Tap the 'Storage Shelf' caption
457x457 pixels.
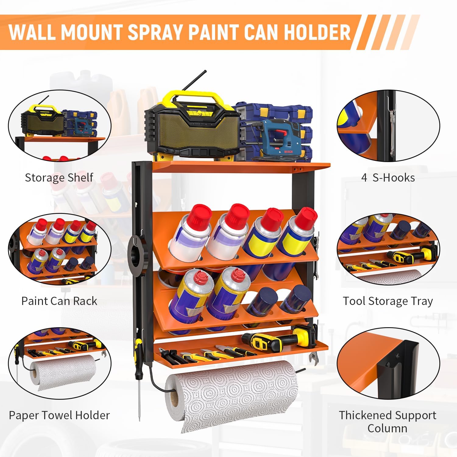click(59, 177)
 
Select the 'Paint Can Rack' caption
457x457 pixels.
click(59, 301)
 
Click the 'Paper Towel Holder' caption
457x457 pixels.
click(59, 415)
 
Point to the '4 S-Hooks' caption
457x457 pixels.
click(388, 178)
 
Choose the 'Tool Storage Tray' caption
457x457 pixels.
click(388, 301)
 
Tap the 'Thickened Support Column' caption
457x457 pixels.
click(388, 422)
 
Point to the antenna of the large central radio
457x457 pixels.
click(194, 81)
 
